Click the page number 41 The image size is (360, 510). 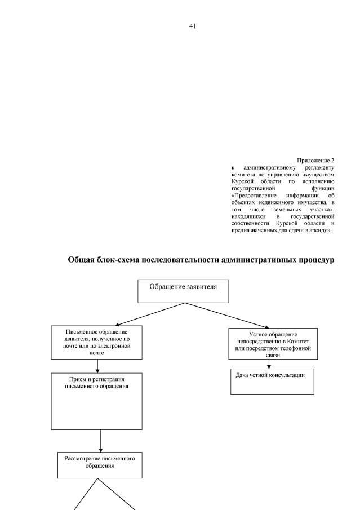193,26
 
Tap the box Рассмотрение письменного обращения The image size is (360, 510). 100,464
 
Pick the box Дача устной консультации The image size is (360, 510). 272,382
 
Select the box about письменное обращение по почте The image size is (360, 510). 97,342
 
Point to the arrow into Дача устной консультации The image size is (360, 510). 269,364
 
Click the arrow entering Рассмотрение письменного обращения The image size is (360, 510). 100,440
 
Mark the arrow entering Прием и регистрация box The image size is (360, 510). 97,366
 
